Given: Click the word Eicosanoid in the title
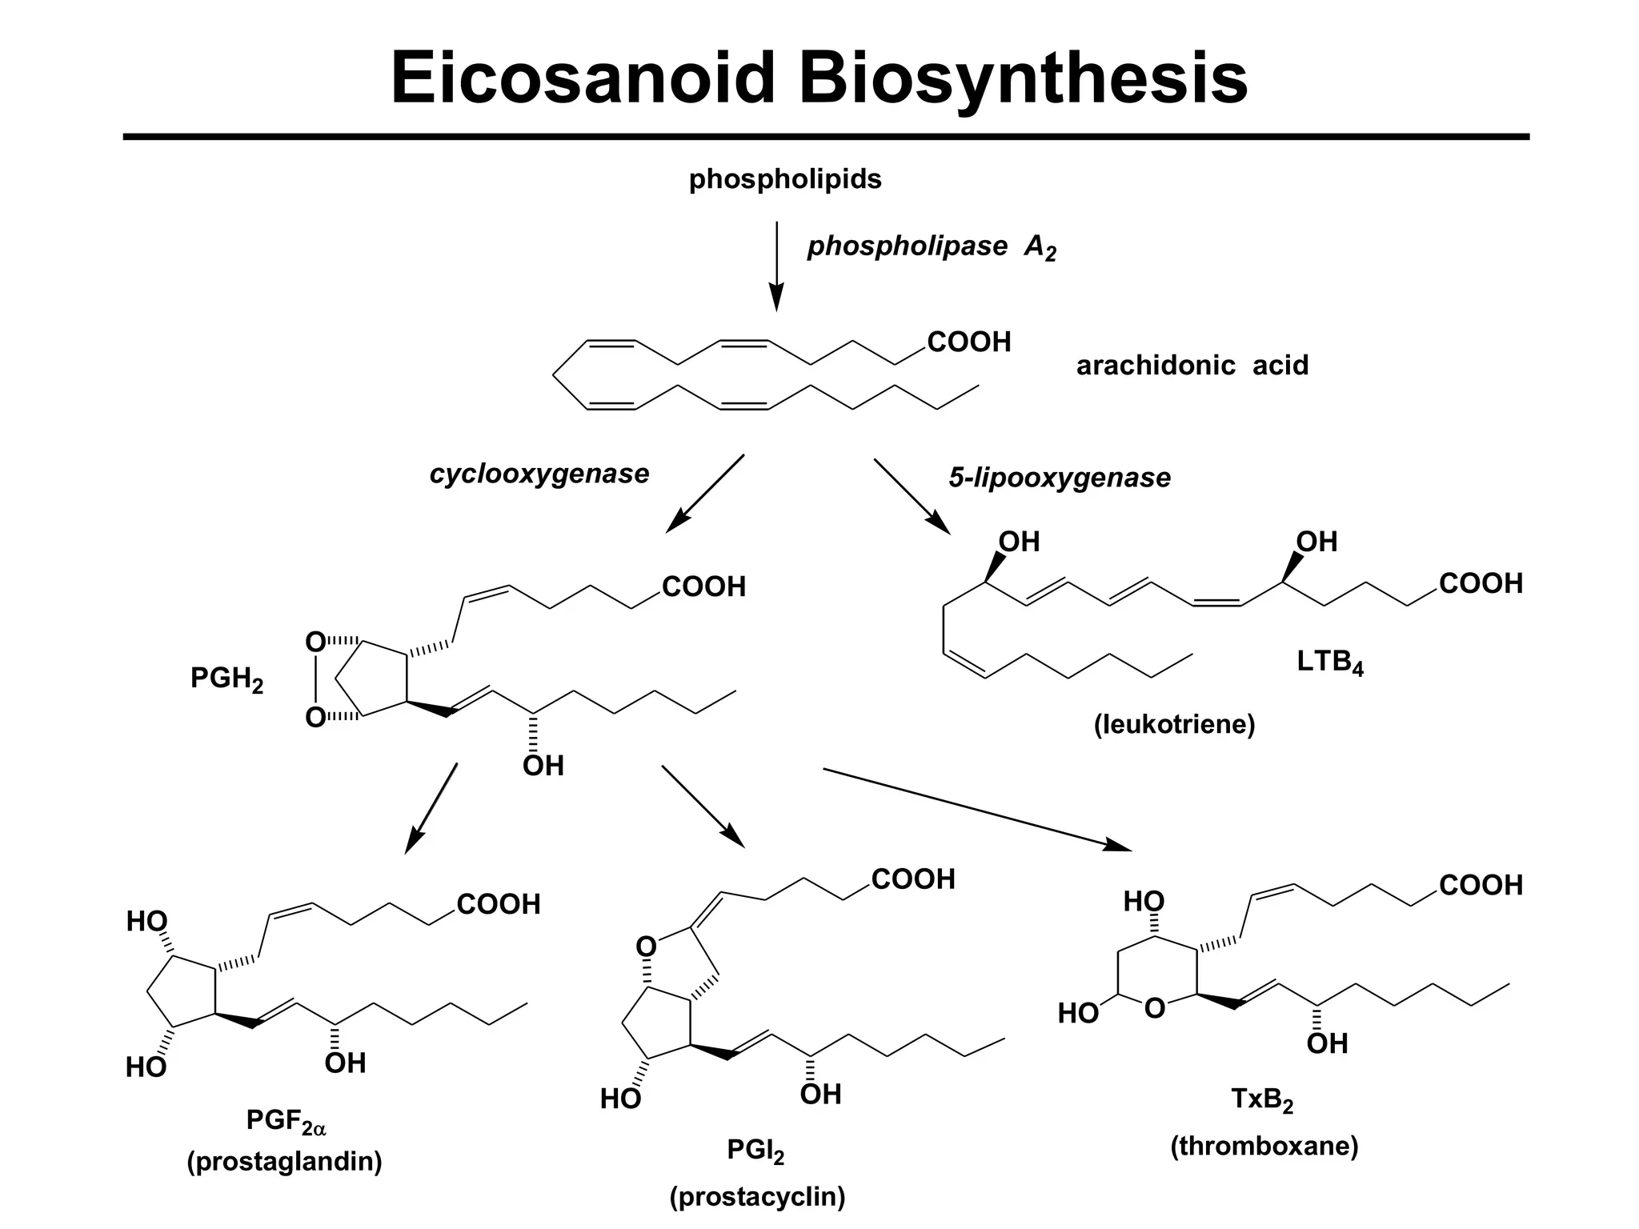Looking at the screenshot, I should coord(583,78).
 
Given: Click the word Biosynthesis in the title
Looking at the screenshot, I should coord(1024,78).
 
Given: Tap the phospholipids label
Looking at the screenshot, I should coord(785,179).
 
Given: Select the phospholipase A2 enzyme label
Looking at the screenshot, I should coord(932,247).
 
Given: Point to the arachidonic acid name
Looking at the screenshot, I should coord(1192,366).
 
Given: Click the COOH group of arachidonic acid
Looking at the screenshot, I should coord(968,342).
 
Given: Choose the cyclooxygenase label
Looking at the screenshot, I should coord(539,474).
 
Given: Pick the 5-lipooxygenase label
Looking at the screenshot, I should coord(1060,478).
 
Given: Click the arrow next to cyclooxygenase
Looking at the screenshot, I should coord(705,493).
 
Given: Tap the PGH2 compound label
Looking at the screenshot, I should coord(226,679).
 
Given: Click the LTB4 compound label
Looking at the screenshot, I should coord(1330,662).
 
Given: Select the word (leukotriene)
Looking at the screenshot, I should coord(1174,724).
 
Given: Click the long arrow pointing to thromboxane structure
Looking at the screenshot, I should coord(976,808).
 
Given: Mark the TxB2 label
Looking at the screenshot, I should coord(1262,1100).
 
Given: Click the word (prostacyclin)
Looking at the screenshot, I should coord(757,1197).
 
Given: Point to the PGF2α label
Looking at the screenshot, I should coord(286,1122).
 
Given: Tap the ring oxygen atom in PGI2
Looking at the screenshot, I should coord(646,947).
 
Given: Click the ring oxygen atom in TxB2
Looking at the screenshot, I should coord(1154,1008).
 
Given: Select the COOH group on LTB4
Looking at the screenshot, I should coord(1481,584).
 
